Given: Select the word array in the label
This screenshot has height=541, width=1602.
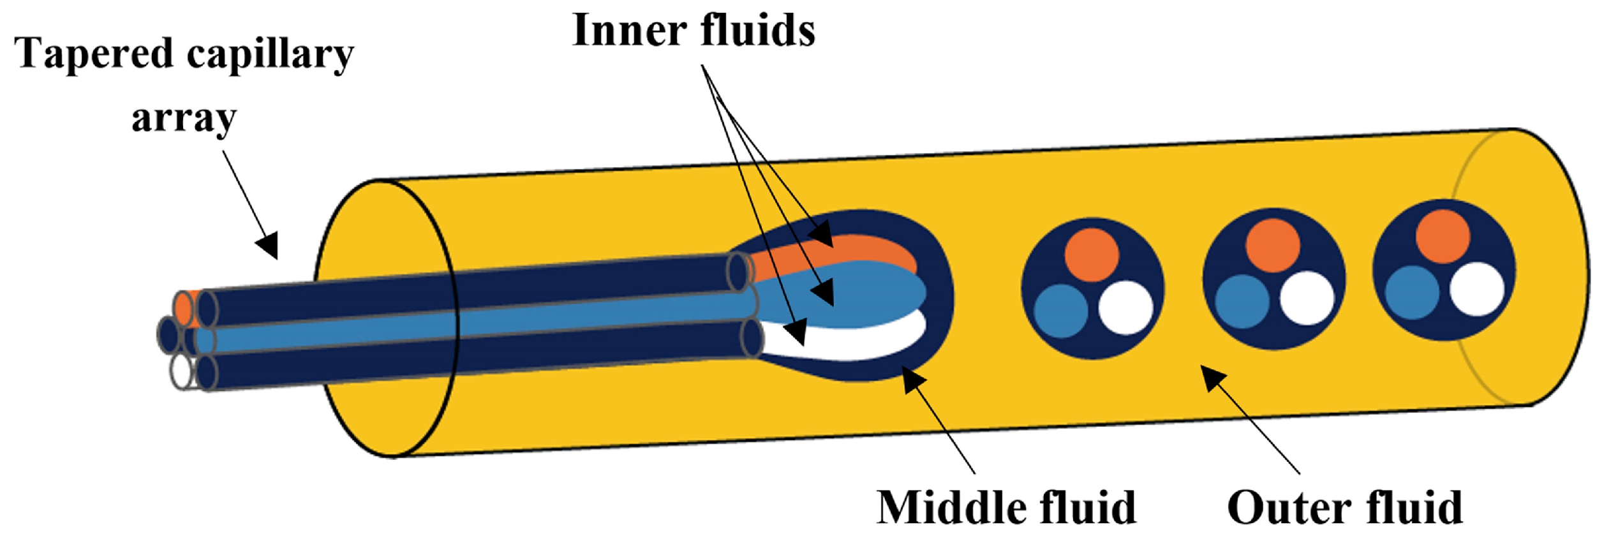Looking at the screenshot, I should coord(184,118).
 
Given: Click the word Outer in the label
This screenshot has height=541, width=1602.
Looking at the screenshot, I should coord(1286,508).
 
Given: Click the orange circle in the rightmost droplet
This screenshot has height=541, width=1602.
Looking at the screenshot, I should coord(1443,236).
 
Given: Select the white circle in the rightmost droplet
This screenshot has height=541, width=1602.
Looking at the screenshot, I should coord(1476,289).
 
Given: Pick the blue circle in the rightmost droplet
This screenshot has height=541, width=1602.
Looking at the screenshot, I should coord(1413,292).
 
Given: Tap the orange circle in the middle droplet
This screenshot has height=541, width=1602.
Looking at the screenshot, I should coord(1272,246).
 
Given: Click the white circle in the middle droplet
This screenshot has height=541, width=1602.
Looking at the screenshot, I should coord(1307,298).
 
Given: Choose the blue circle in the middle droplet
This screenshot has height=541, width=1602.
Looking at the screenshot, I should coord(1242,301).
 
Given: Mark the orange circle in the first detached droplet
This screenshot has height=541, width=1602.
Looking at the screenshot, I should coord(1092,255).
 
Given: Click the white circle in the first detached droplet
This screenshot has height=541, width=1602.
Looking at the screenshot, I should coord(1125,308).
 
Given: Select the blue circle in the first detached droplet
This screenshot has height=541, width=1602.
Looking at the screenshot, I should coord(1060,311).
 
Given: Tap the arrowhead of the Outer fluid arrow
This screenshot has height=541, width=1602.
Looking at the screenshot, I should coord(1211,376).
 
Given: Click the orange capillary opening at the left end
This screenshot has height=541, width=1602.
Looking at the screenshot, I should coord(184,309).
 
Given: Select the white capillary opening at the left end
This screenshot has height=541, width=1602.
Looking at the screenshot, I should coord(181,371).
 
